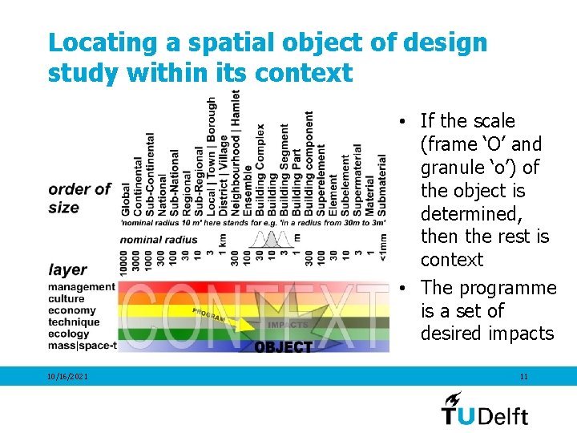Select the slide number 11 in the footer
click(523, 376)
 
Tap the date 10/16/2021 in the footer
click(68, 376)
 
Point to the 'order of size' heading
click(79, 198)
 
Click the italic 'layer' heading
click(67, 270)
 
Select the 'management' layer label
click(81, 287)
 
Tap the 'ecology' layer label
click(68, 334)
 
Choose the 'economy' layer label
click(71, 310)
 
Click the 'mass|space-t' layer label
click(82, 346)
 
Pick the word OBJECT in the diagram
click(283, 347)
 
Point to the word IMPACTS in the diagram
click(286, 325)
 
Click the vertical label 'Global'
click(126, 200)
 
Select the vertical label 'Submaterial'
click(381, 185)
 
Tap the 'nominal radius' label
click(159, 239)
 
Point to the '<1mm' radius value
click(383, 248)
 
